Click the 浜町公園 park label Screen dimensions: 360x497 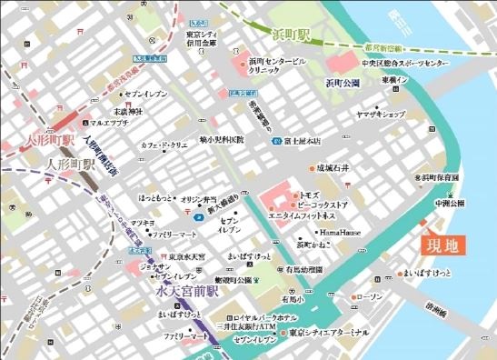click(x=343, y=83)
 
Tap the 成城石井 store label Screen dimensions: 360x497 click(x=333, y=168)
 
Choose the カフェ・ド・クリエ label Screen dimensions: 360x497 click(x=163, y=145)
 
